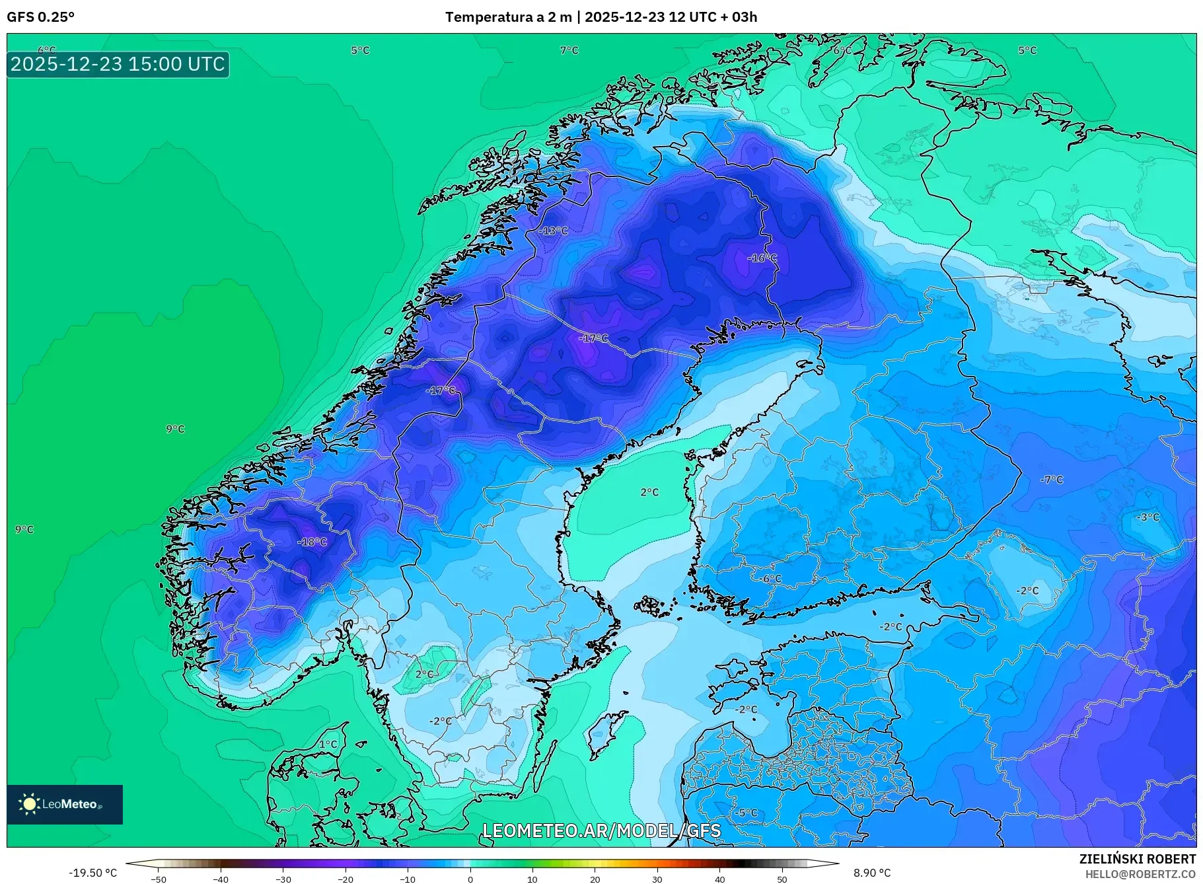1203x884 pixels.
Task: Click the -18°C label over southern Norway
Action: point(312,542)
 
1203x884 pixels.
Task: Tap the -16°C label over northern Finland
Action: point(762,258)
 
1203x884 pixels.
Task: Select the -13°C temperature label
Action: point(553,231)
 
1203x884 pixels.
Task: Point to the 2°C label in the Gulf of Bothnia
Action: point(649,492)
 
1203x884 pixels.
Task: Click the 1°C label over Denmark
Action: point(328,744)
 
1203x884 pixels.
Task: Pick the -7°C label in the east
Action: point(1052,480)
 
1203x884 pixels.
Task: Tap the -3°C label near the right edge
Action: point(1148,517)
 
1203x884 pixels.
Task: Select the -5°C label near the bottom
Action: point(747,813)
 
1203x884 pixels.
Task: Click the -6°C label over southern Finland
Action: point(770,579)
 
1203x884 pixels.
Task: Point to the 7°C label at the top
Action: point(569,50)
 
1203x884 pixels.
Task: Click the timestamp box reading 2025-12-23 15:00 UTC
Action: point(118,64)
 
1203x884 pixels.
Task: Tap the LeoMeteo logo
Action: point(64,804)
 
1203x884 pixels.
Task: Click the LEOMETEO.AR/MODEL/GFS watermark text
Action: point(601,830)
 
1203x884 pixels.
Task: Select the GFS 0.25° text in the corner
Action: point(41,17)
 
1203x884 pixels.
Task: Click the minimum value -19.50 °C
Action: point(92,873)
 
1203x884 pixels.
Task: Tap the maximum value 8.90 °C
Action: point(872,873)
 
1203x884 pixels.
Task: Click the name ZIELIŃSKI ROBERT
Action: point(1137,859)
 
